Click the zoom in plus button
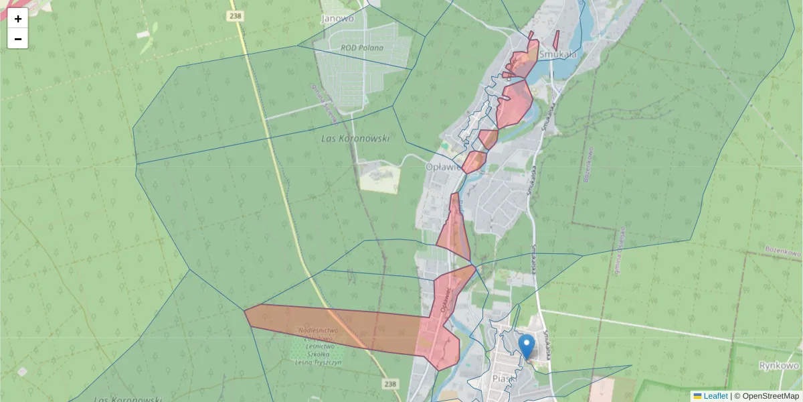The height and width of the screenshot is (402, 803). [18, 19]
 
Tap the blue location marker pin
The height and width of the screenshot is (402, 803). [527, 347]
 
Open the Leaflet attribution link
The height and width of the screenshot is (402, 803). [715, 396]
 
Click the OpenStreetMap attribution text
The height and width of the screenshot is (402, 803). [770, 396]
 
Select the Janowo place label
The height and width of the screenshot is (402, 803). [337, 19]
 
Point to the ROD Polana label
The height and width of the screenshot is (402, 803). [362, 48]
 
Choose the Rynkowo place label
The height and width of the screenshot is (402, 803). [779, 366]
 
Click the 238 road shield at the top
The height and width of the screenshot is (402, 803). [235, 15]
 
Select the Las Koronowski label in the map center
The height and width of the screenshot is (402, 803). [355, 139]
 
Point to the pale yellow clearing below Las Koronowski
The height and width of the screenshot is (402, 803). [379, 178]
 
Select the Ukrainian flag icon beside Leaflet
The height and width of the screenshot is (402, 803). [697, 396]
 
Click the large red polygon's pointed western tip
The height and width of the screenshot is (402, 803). [246, 310]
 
